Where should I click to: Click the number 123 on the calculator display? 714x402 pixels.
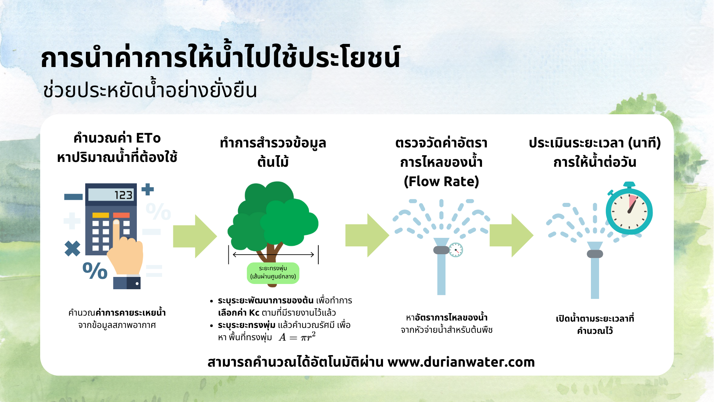coord(123,195)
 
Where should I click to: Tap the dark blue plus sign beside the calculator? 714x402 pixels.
coord(148,189)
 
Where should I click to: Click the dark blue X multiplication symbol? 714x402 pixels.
coord(72,249)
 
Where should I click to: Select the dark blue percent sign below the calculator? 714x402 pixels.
coord(95,271)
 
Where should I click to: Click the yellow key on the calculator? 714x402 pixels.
coord(100,215)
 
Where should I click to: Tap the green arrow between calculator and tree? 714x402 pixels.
coord(194,236)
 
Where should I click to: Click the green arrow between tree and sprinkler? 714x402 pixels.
coord(367,236)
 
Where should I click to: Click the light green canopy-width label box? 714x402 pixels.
coord(273,273)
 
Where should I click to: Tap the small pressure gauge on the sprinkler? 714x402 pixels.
coord(456,250)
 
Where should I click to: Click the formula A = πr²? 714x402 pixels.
coord(297,337)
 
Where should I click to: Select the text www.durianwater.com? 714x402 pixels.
coord(461,362)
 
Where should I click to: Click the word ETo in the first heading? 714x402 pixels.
coord(148,138)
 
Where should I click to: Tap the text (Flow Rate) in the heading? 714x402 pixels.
coord(441,181)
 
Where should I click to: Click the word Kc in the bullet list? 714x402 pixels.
coord(254,313)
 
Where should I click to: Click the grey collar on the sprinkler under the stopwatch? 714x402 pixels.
coord(595,254)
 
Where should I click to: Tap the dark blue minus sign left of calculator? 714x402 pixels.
coord(73,197)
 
